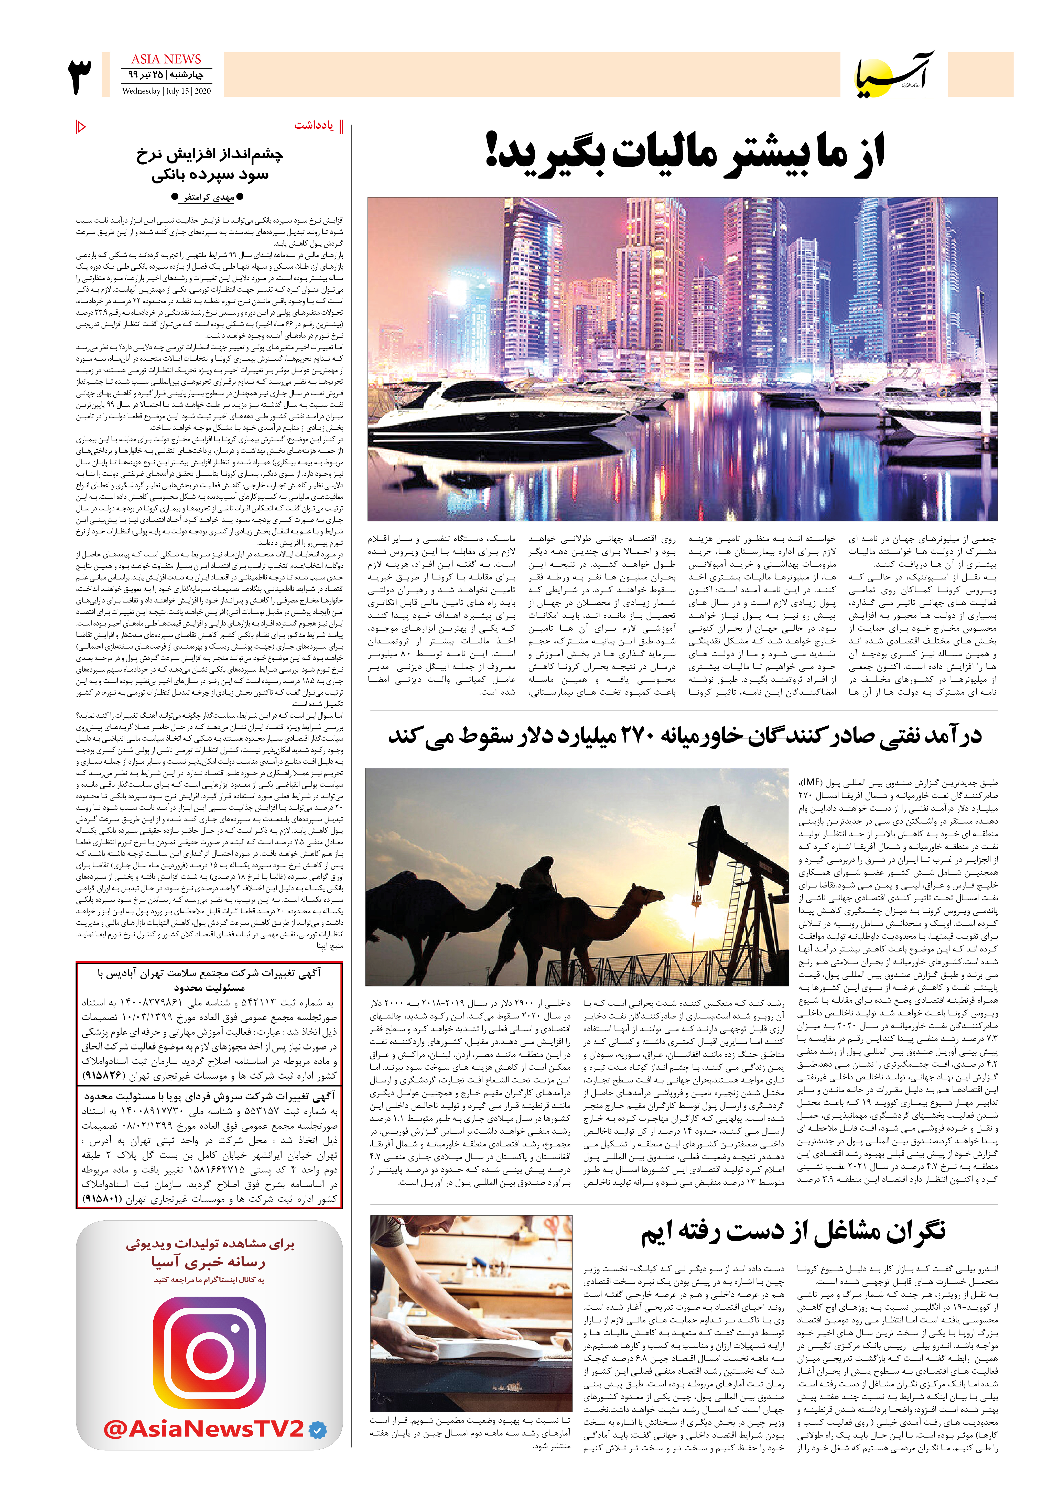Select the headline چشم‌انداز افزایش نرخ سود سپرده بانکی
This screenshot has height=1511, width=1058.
pos(209,165)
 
